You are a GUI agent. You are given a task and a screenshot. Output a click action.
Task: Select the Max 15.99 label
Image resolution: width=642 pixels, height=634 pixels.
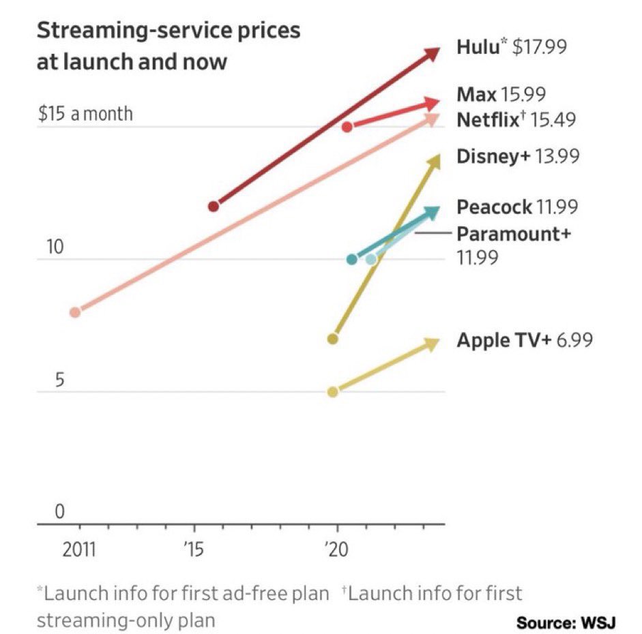(x=501, y=94)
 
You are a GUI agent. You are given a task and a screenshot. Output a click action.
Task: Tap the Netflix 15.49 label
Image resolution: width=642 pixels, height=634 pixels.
(x=515, y=120)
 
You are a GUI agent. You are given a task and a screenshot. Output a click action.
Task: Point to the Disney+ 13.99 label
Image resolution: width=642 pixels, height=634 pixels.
(x=517, y=156)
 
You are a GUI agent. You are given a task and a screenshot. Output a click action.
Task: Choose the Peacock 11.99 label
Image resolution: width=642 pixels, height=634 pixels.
(x=517, y=207)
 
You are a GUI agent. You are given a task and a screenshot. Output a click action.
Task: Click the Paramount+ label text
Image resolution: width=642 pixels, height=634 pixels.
(x=513, y=234)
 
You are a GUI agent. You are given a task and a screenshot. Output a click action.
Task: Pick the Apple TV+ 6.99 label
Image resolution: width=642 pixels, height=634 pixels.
(x=524, y=339)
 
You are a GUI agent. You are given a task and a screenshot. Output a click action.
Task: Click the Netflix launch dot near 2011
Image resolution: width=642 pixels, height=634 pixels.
(x=75, y=312)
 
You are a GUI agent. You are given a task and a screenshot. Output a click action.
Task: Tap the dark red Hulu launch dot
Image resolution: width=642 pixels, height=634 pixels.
(x=214, y=206)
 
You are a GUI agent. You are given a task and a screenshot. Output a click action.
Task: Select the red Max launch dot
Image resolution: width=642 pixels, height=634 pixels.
(x=347, y=127)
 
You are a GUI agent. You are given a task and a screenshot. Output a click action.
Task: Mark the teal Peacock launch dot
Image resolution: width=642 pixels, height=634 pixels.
(x=352, y=259)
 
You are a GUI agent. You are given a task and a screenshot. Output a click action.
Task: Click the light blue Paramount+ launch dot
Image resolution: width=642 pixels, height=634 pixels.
(x=370, y=259)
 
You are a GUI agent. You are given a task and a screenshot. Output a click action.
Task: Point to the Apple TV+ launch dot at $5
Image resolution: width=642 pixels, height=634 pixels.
(x=333, y=392)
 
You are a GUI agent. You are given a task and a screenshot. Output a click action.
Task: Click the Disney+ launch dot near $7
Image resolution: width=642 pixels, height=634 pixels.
(x=333, y=339)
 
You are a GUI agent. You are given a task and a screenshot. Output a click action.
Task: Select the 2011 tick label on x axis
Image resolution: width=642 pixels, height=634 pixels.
(x=80, y=549)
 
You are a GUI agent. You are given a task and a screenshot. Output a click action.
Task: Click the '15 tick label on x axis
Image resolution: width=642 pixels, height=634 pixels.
(x=194, y=549)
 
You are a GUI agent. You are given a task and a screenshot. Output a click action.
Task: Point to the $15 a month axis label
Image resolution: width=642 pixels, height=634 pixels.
(x=85, y=113)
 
